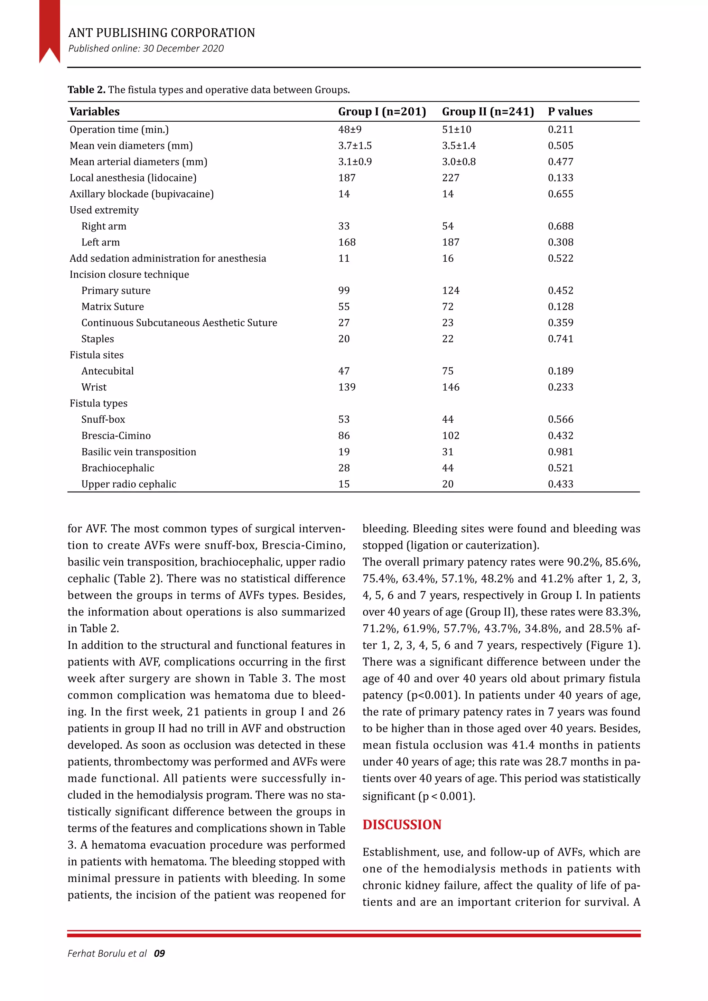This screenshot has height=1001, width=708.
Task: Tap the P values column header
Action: tap(570, 112)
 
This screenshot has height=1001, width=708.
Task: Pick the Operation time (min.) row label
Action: tap(119, 130)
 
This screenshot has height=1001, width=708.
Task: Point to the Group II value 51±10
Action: tap(456, 130)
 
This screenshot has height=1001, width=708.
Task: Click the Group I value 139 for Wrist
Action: tap(347, 387)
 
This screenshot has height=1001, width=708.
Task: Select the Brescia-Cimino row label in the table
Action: tap(116, 436)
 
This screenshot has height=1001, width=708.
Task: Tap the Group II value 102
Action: tap(450, 436)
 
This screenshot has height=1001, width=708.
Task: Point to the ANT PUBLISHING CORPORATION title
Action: tap(161, 33)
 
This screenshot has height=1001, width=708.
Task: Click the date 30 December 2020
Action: tap(183, 48)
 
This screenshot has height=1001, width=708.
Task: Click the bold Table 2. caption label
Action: tap(86, 90)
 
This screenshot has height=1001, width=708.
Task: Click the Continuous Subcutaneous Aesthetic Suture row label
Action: tap(179, 322)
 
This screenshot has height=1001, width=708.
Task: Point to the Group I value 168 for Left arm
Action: tap(347, 242)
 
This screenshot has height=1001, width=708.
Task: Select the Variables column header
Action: tap(95, 112)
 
